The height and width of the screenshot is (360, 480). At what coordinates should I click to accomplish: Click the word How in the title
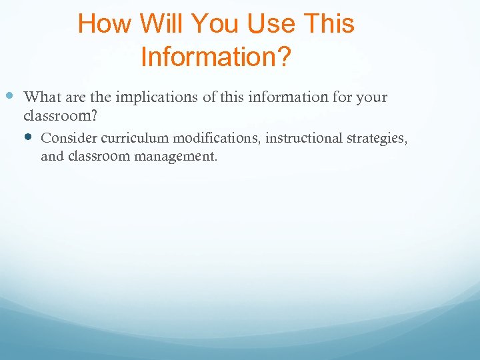pyautogui.click(x=105, y=25)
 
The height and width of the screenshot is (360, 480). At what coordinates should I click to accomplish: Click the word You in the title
pyautogui.click(x=217, y=25)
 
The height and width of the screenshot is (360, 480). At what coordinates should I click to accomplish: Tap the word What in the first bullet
pyautogui.click(x=43, y=97)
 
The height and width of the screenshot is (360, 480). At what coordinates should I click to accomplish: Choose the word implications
pyautogui.click(x=157, y=97)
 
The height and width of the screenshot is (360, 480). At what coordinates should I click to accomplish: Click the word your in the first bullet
pyautogui.click(x=372, y=97)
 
